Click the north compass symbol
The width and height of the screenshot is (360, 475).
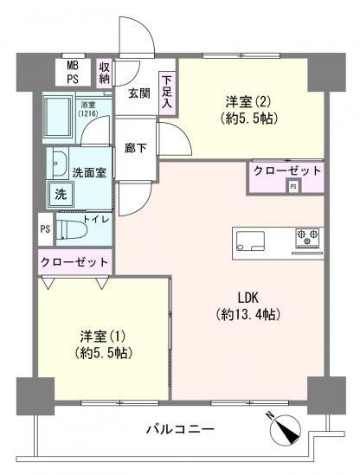click(x=285, y=427)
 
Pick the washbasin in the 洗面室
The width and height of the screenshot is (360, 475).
click(x=61, y=164)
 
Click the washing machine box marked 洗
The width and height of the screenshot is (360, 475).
click(x=61, y=195)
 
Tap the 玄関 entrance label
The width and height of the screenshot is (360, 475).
click(x=140, y=92)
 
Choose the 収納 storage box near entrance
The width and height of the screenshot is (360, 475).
click(x=104, y=72)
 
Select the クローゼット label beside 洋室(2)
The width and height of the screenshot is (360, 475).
click(x=286, y=170)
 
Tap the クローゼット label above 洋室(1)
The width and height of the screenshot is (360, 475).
click(x=74, y=261)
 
